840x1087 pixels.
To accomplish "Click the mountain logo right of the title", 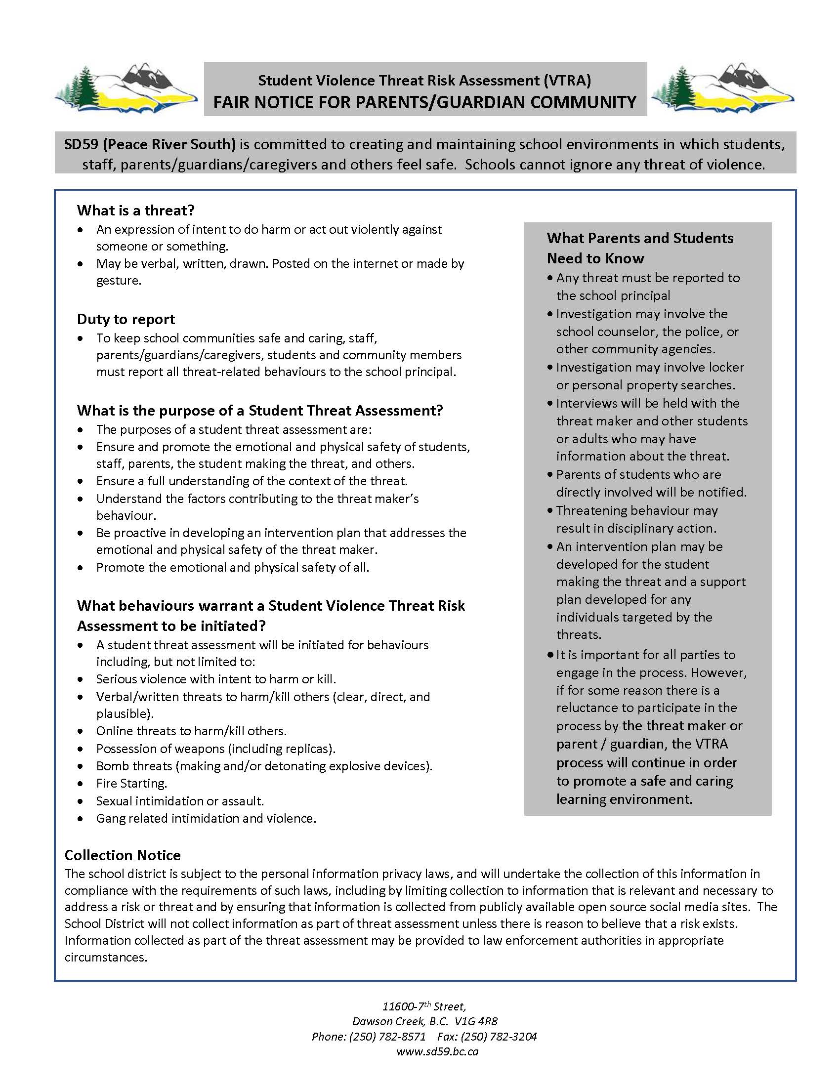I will (722, 88).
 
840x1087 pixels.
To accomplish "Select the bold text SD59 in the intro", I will (81, 144).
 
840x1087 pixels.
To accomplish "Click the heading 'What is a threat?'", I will (135, 210).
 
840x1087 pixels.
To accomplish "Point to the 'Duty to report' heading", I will (126, 319).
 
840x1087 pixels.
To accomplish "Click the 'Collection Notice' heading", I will (123, 855).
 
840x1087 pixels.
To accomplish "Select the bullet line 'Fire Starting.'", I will (131, 784).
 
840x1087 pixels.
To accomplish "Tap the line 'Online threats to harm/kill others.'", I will (191, 731).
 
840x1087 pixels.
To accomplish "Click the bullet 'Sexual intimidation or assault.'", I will (180, 801).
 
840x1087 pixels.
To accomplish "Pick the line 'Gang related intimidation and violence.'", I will (206, 818).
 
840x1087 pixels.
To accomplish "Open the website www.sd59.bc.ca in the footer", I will (437, 1051).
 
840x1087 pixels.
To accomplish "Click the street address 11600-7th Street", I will (423, 1007).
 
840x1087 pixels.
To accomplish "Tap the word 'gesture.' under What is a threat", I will (119, 281).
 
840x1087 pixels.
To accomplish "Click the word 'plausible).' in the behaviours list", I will (125, 714).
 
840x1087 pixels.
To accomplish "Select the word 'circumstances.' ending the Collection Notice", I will (106, 957).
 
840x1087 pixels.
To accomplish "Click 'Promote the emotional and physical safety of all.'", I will (232, 567).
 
